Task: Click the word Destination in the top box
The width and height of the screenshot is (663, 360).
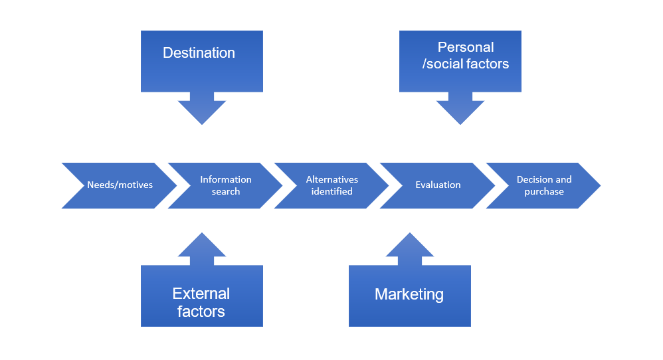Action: coord(199,53)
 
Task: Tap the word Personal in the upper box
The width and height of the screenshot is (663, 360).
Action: coord(465,47)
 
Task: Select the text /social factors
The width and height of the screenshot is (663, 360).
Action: coord(466,64)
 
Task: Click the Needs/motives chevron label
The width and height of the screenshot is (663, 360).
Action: coord(120,185)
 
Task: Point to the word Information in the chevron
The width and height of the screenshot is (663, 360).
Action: coord(226,179)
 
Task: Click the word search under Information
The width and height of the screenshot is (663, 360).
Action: coord(226,191)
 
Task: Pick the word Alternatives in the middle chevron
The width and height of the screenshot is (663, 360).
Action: coord(331,179)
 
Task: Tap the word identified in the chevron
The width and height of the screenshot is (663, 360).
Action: coord(331,191)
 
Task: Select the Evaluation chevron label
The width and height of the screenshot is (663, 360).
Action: coord(438,185)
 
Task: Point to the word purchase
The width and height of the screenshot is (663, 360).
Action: coord(544,191)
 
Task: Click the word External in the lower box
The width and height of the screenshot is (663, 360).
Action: coord(201,294)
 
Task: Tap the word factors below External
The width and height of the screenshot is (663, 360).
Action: coord(201,311)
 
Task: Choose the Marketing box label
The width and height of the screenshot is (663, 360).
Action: coord(409,294)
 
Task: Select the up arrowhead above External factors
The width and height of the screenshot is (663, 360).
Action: coord(202,245)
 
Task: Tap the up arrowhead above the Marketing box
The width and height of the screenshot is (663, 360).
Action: coord(410,245)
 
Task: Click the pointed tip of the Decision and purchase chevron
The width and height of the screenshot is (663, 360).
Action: coord(598,185)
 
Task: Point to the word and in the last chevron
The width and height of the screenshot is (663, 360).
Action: coord(563,179)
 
